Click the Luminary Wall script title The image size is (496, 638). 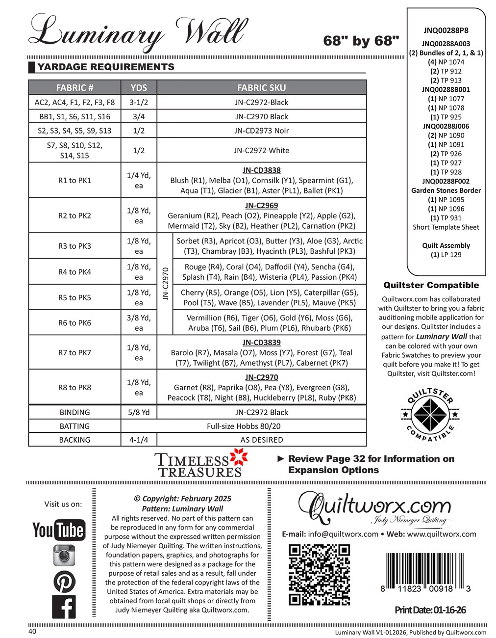click(x=137, y=32)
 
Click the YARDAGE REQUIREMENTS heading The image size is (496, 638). click(x=106, y=67)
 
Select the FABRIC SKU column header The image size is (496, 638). click(x=261, y=88)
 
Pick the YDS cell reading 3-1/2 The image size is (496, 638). click(x=139, y=102)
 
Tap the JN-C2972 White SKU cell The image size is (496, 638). click(x=261, y=150)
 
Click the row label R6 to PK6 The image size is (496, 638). click(x=74, y=322)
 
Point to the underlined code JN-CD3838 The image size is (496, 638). click(x=261, y=170)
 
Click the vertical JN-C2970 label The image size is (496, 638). click(x=165, y=284)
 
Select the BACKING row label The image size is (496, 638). click(x=74, y=440)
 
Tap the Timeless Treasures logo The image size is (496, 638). click(x=201, y=465)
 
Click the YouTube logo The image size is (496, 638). click(x=59, y=530)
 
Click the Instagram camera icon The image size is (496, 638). click(x=64, y=555)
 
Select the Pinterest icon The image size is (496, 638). click(x=64, y=582)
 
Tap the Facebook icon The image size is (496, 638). click(x=64, y=607)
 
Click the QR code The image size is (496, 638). click(x=319, y=575)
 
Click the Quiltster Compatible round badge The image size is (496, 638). click(x=430, y=413)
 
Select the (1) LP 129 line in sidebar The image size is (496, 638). click(x=446, y=255)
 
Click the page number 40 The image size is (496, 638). click(x=32, y=632)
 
